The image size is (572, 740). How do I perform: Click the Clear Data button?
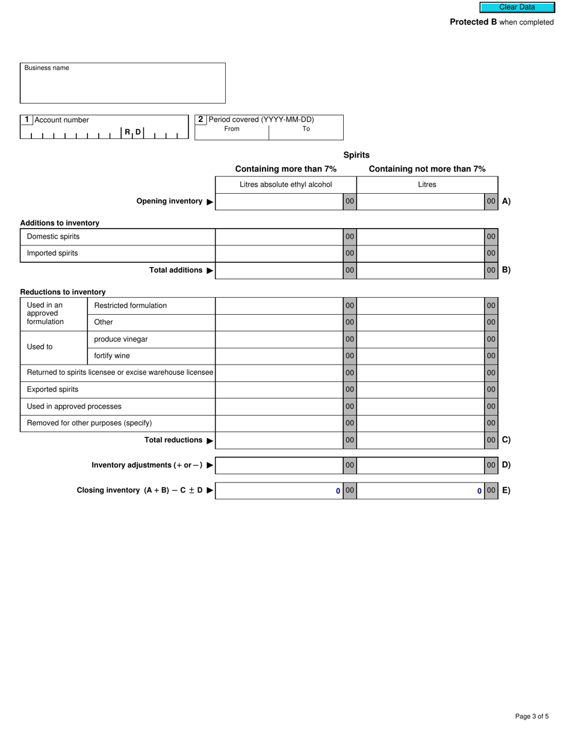[517, 7]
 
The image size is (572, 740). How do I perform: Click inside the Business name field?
[123, 87]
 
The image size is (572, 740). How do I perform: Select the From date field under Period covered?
[232, 134]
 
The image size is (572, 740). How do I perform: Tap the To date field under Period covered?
[306, 134]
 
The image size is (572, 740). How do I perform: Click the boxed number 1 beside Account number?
[26, 120]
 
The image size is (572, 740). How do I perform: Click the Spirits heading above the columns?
[356, 155]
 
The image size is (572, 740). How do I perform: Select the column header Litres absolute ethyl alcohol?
[285, 185]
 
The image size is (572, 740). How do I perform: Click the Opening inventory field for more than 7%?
[279, 202]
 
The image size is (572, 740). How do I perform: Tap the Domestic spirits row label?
[53, 236]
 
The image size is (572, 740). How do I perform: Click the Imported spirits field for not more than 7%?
[420, 253]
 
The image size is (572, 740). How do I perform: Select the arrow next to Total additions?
[210, 271]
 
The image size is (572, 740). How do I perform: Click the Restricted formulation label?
[131, 306]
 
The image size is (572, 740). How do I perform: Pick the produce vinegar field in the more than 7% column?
[279, 339]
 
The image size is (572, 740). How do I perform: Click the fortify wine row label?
[112, 356]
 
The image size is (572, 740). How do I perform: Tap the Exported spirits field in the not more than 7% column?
[420, 390]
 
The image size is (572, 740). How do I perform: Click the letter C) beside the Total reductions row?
[506, 440]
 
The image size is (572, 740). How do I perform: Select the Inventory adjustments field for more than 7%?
[279, 465]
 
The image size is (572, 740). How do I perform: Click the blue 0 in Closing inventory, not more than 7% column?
[479, 491]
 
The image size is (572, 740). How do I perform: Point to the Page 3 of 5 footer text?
[532, 716]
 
